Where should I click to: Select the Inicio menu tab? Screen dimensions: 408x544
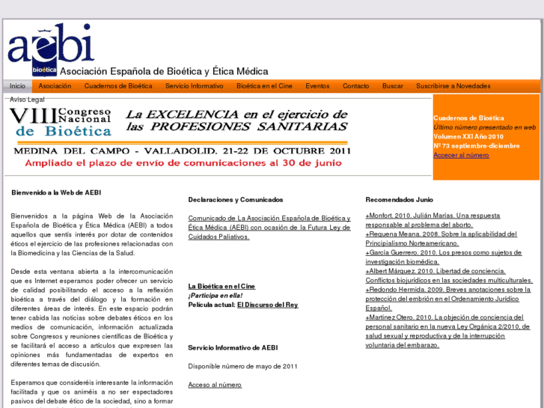[17, 86]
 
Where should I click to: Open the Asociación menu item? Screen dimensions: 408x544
[55, 86]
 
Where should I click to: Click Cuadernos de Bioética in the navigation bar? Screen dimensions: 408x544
[118, 86]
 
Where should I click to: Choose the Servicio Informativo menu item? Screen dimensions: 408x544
[195, 86]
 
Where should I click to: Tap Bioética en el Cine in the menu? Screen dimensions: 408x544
[264, 86]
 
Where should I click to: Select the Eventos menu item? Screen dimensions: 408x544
[317, 86]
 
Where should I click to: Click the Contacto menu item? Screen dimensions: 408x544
[356, 86]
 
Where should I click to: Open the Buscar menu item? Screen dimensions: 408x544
[393, 86]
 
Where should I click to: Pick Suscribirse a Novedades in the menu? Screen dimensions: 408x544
[453, 86]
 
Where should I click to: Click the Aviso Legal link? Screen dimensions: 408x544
[27, 99]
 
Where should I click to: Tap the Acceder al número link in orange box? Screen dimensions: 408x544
[461, 155]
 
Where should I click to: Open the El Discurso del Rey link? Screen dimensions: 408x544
[267, 305]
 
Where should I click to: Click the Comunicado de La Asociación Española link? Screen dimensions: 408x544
[269, 227]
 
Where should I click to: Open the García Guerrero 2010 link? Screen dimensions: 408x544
[443, 257]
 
